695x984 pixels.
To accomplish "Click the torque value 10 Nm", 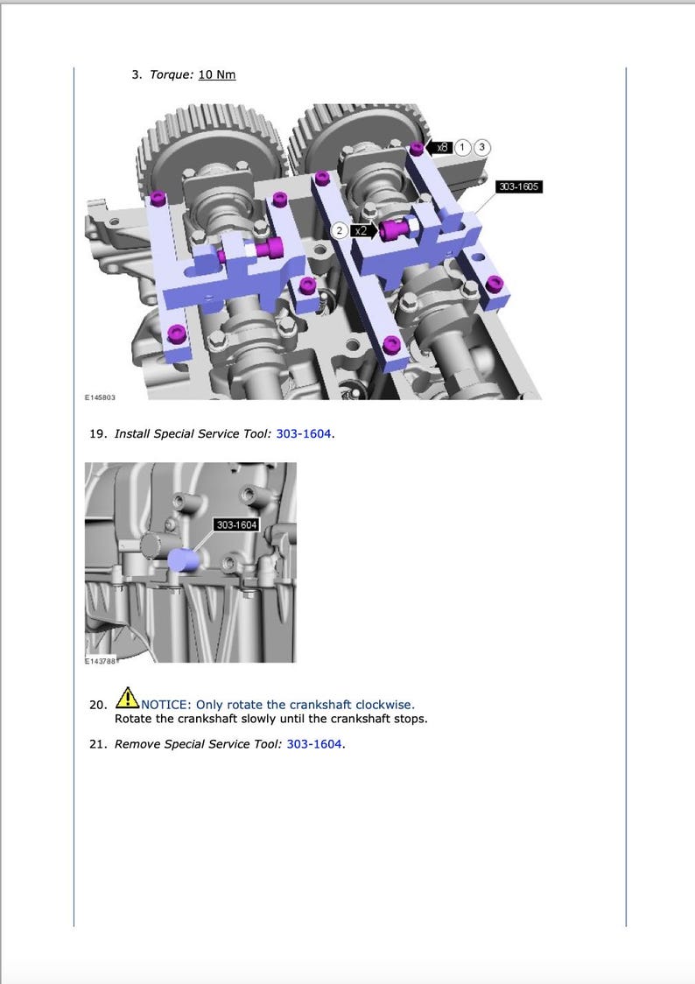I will click(217, 74).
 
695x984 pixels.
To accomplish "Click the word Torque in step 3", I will click(171, 74).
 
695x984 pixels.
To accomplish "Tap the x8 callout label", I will click(442, 148).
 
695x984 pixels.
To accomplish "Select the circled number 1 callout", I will click(464, 148).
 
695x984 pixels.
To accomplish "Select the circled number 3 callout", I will click(482, 148).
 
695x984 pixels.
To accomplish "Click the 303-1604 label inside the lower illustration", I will click(236, 524).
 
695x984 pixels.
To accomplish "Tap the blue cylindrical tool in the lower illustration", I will click(185, 559).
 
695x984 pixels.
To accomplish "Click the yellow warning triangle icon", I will click(127, 698).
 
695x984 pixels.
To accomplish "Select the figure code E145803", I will click(100, 397).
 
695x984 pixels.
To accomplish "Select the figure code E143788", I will click(100, 661).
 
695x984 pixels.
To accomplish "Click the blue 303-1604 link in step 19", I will click(304, 433).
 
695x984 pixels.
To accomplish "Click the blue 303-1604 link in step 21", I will click(315, 744).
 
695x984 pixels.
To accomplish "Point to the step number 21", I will click(97, 744).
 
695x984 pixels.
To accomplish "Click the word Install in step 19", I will click(132, 433).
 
